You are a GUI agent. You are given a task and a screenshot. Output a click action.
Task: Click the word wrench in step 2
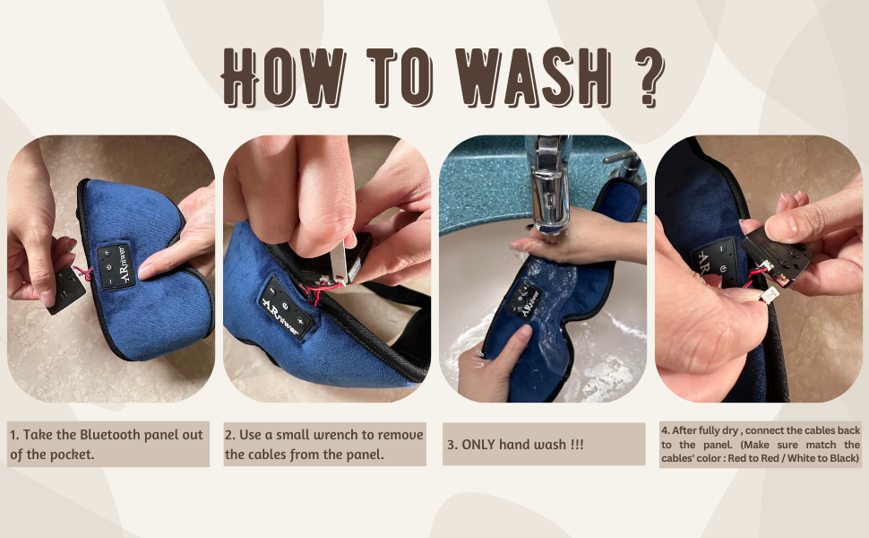311,435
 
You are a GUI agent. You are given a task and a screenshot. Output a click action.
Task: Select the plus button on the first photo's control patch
107,254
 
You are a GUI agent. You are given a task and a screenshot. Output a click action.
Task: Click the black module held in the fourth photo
779,255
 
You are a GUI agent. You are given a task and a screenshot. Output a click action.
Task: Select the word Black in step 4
840,459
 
